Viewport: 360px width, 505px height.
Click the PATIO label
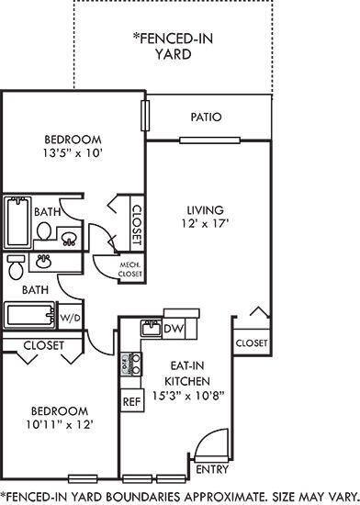(x=207, y=118)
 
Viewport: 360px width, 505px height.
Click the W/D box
(x=70, y=317)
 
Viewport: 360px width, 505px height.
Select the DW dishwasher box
(x=174, y=329)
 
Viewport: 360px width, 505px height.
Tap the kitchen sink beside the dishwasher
(x=150, y=329)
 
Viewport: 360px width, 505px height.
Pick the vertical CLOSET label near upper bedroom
(x=137, y=223)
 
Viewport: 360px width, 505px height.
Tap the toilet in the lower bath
(x=16, y=270)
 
